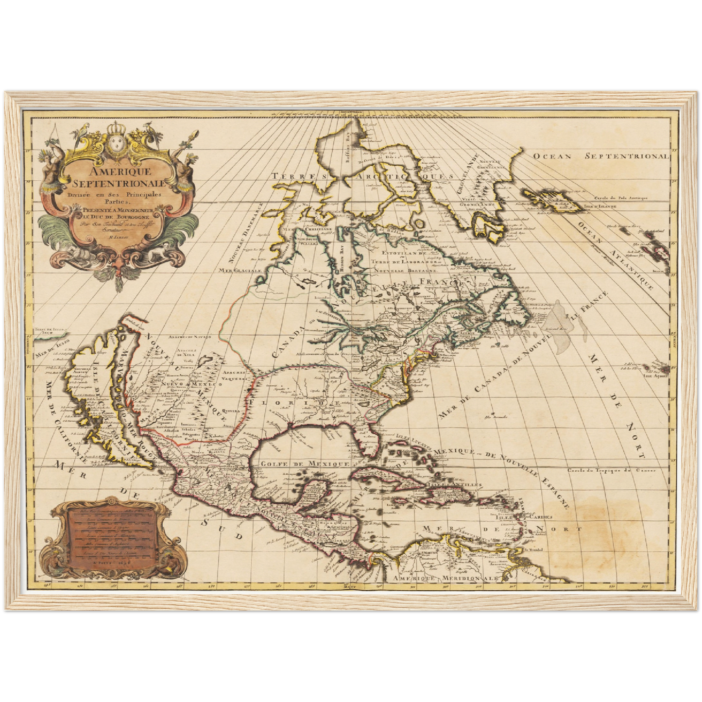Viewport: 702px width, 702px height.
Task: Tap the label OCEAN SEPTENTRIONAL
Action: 600,156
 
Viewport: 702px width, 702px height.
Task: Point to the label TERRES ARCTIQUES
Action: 362,176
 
